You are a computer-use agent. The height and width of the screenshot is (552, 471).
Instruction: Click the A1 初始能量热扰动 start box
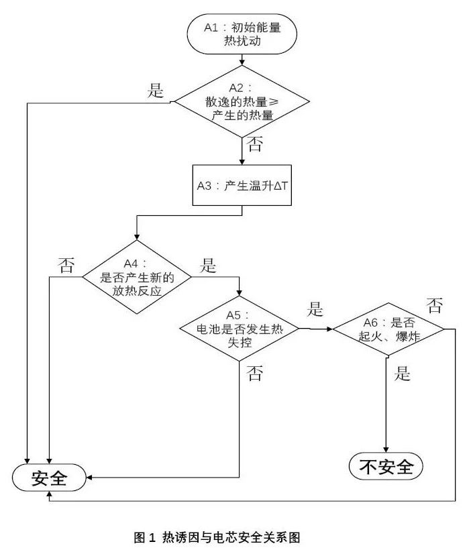point(242,35)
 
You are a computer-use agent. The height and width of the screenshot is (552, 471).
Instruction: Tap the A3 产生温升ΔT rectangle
point(242,184)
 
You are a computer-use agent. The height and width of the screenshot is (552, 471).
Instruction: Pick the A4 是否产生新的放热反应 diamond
point(136,276)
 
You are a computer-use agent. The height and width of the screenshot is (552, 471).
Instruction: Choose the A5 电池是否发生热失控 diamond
point(240,329)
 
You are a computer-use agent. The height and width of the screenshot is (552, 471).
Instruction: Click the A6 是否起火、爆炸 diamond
point(388,329)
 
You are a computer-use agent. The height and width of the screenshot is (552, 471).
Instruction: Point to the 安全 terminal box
point(50,478)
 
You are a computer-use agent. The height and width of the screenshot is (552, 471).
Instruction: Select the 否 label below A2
point(255,145)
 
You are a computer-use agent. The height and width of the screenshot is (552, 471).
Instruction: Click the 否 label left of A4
point(66,265)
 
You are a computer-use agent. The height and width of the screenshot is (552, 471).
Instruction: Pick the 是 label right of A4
point(209,266)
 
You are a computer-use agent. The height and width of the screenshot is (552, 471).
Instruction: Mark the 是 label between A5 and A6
point(315,310)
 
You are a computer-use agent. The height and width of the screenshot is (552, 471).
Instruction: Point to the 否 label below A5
point(255,374)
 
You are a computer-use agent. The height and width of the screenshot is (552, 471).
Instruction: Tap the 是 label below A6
point(402,374)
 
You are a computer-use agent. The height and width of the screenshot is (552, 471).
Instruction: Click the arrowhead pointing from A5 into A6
point(329,329)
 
